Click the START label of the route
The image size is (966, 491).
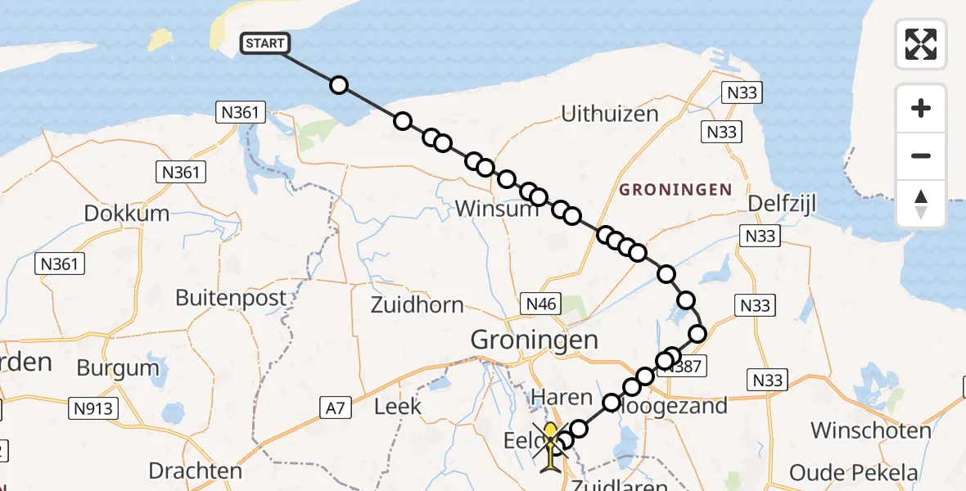click(264, 43)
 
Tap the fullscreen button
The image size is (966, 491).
click(921, 44)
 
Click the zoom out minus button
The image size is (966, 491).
click(921, 156)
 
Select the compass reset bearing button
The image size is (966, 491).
click(921, 203)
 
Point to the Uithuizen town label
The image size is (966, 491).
click(610, 114)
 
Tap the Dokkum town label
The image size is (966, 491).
click(127, 214)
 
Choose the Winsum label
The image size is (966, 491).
click(497, 209)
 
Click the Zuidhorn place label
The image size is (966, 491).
click(417, 305)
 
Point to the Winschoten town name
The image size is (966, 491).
click(871, 430)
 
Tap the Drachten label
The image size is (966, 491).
click(196, 471)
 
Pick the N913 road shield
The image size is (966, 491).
click(95, 408)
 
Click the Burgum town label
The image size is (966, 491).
click(118, 367)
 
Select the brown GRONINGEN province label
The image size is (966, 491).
click(675, 190)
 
